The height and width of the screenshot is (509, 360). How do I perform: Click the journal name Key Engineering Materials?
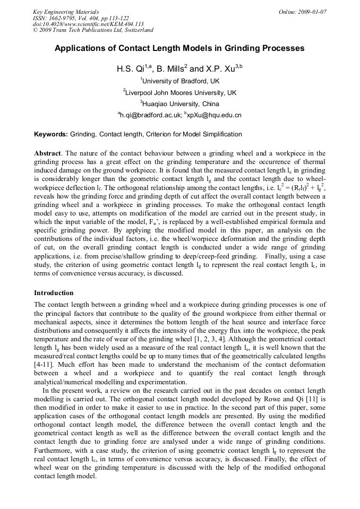[66, 11]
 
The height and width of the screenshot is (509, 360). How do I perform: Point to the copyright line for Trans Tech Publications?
[93, 30]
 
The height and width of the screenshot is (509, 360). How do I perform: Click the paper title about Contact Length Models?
[179, 48]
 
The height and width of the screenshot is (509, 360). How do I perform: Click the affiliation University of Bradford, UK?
[181, 81]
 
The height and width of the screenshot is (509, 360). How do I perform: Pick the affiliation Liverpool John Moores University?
[181, 93]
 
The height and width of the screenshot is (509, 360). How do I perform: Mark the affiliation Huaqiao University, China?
[181, 104]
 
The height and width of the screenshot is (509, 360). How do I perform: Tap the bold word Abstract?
[48, 153]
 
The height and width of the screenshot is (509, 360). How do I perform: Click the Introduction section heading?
[54, 293]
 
